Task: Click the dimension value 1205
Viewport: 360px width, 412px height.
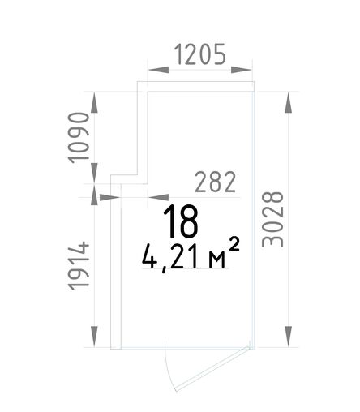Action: pos(199,54)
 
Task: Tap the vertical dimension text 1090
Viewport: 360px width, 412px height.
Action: pos(79,138)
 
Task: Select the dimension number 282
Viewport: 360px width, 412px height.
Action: pos(215,182)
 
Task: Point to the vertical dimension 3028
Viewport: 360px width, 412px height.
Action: pos(272,219)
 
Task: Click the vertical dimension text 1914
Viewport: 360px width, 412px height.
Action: pos(79,265)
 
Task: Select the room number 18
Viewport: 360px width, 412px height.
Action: pos(181,221)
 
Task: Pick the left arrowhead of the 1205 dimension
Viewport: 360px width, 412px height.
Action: pos(158,70)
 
